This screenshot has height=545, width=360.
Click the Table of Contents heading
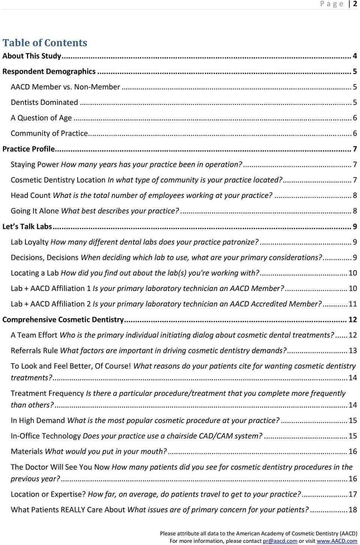click(x=45, y=43)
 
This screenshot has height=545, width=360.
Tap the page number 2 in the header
click(x=355, y=4)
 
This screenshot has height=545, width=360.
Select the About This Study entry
click(x=32, y=56)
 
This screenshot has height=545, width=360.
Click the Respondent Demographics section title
click(x=49, y=71)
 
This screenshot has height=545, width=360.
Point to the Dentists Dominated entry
click(x=44, y=102)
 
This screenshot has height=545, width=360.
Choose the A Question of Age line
click(x=41, y=118)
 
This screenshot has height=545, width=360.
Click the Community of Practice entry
click(x=49, y=133)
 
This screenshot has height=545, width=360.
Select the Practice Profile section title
click(x=28, y=149)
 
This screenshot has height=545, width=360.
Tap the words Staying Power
click(x=35, y=164)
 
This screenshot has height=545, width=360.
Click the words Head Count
click(x=31, y=195)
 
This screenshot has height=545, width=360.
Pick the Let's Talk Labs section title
click(x=27, y=227)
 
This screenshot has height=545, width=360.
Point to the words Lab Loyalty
click(x=30, y=242)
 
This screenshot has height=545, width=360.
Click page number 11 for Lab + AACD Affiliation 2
click(x=352, y=304)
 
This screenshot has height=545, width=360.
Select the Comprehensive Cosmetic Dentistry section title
click(x=63, y=320)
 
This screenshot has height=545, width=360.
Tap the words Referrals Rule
click(x=34, y=351)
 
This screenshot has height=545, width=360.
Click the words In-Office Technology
click(x=46, y=436)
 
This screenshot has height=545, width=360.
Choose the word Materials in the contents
click(x=27, y=451)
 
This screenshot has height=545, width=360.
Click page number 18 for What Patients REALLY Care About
click(x=352, y=509)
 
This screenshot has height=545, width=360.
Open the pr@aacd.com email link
click(x=280, y=541)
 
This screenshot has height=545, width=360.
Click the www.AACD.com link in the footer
click(x=337, y=541)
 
